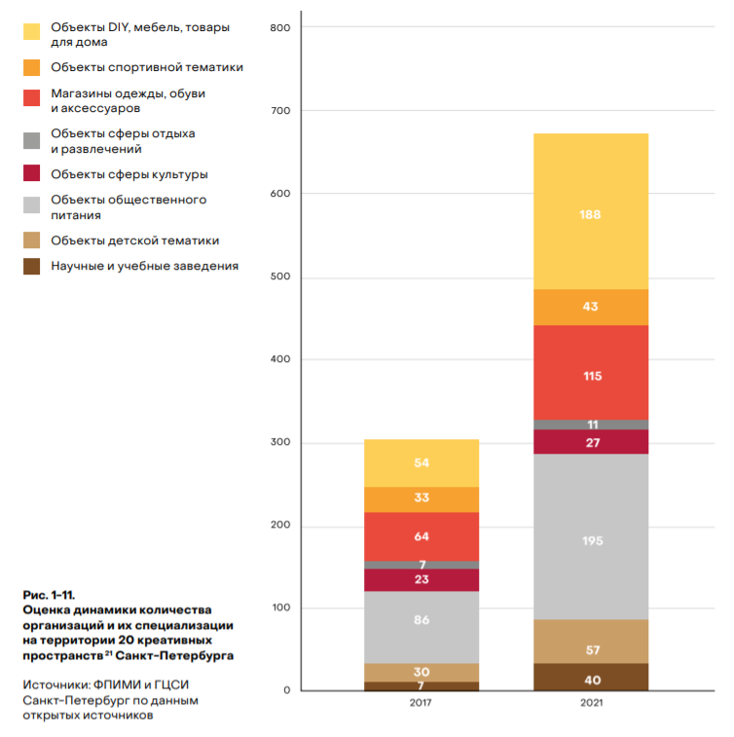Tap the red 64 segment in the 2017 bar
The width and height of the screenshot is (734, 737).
tap(422, 536)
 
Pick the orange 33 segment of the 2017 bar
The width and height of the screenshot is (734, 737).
tap(422, 499)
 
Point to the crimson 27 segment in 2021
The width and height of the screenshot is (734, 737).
tap(590, 442)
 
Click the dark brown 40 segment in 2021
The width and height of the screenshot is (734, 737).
tap(590, 678)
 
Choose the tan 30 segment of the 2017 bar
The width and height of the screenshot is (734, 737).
tap(422, 672)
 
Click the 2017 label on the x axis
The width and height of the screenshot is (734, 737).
tap(422, 703)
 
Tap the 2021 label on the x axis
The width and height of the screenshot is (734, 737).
tap(590, 703)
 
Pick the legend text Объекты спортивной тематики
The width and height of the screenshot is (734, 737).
tap(147, 67)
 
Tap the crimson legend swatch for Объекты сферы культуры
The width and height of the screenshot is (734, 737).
tap(32, 174)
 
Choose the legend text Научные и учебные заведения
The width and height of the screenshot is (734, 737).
tap(144, 265)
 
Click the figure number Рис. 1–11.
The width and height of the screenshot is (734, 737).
tap(49, 594)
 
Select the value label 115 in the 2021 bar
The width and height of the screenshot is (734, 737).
tap(591, 376)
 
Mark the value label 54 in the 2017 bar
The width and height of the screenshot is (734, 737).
tap(422, 462)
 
